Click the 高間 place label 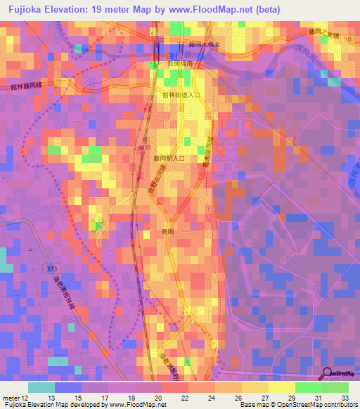coord(167,231)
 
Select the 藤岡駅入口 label coord(169,159)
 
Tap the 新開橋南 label coord(179,63)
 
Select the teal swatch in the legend coord(41,387)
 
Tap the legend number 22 coord(185,398)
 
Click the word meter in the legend coord(11,398)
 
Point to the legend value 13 coord(51,398)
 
